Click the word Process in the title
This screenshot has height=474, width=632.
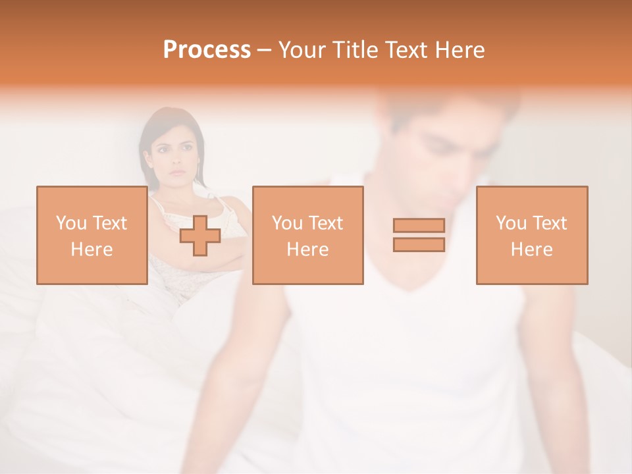click(x=207, y=50)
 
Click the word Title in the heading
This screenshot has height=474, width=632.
click(x=355, y=50)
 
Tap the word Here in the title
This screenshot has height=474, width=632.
click(x=458, y=50)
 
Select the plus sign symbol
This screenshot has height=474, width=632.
click(x=200, y=236)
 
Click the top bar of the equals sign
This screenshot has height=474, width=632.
click(x=419, y=226)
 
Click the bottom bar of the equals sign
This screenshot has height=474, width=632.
click(x=419, y=245)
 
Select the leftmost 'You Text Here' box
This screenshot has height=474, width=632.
click(x=92, y=235)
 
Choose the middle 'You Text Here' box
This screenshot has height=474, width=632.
click(x=307, y=235)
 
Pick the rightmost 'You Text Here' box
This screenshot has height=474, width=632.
click(x=532, y=235)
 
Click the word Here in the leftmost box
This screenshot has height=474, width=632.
click(x=92, y=250)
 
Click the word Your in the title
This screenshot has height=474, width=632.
click(x=302, y=50)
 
